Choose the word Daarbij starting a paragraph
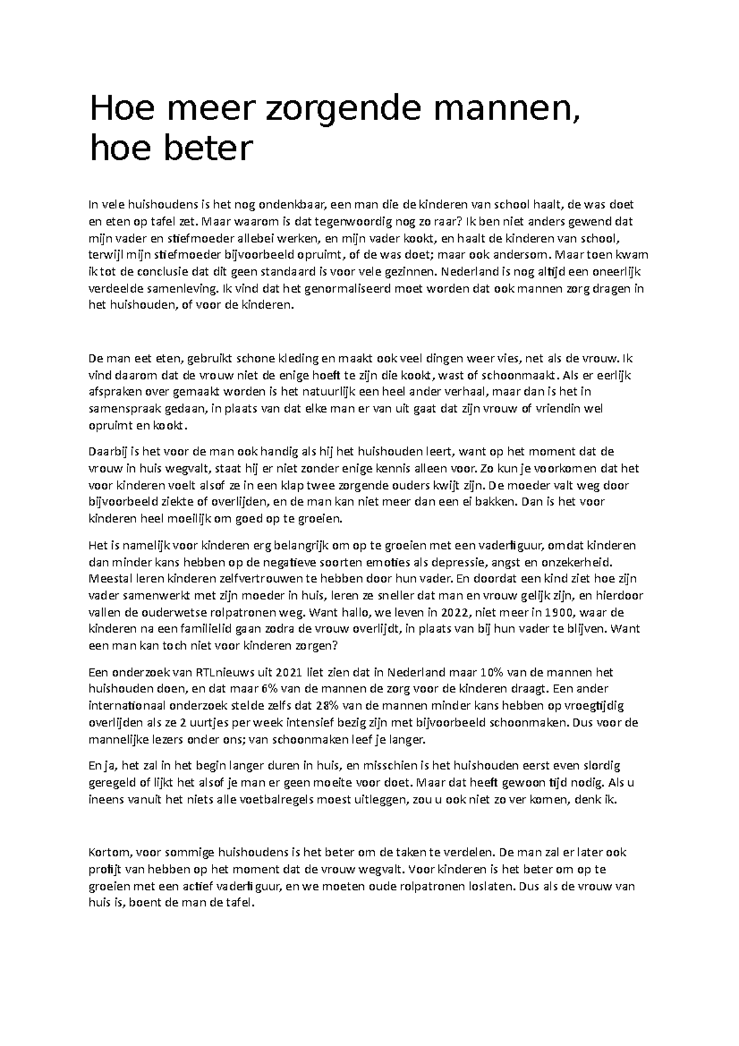[x=108, y=452]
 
